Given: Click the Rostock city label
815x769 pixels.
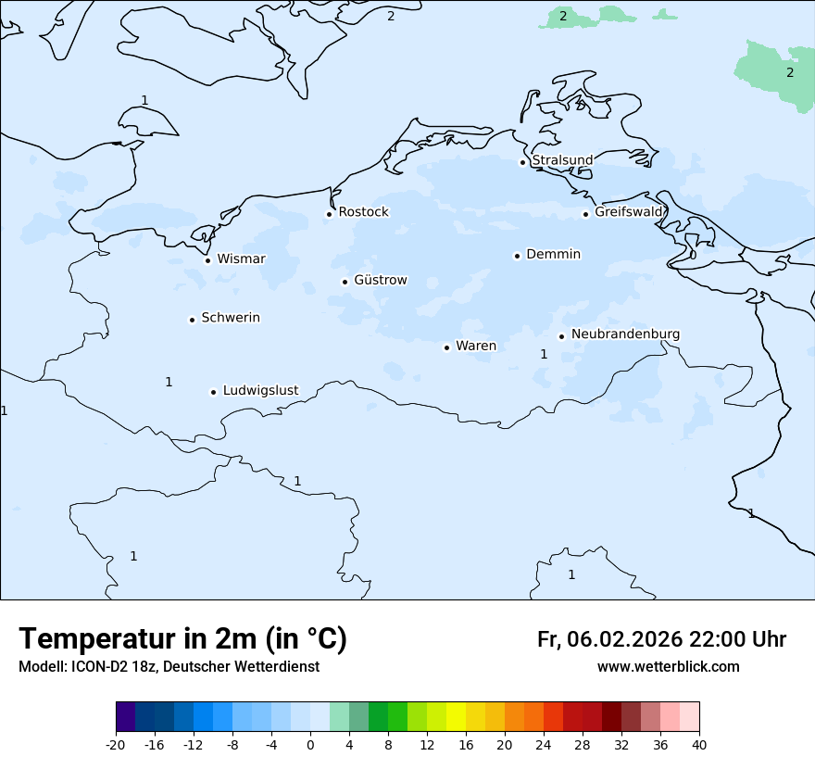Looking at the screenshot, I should [363, 212].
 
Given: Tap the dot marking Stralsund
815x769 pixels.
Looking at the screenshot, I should [522, 162].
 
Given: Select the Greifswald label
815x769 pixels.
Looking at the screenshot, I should [629, 212].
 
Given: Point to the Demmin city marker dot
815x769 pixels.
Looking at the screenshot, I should [517, 256].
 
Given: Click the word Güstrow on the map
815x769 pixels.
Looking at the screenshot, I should [380, 280].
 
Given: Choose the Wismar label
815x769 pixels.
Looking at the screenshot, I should [241, 258].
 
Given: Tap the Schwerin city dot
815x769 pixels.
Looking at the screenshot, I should [192, 320].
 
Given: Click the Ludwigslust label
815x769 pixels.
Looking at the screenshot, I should [260, 390].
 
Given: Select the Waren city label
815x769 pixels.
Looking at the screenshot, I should [476, 346].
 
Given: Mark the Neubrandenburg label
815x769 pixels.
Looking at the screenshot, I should [625, 334].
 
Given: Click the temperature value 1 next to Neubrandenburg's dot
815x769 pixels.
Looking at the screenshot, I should [544, 354].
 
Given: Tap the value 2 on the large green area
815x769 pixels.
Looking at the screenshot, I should [790, 72].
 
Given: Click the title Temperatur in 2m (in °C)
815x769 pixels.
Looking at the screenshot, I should [183, 639].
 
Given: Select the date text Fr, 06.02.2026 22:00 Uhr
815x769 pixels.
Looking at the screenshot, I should [661, 639].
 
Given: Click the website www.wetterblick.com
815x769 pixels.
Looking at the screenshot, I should [668, 666].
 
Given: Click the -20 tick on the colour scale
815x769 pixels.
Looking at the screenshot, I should [116, 744].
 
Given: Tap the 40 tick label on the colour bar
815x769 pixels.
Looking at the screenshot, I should [699, 744].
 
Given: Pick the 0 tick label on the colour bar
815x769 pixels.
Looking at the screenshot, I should [310, 744].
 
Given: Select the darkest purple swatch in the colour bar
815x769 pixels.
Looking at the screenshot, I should [125, 717].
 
